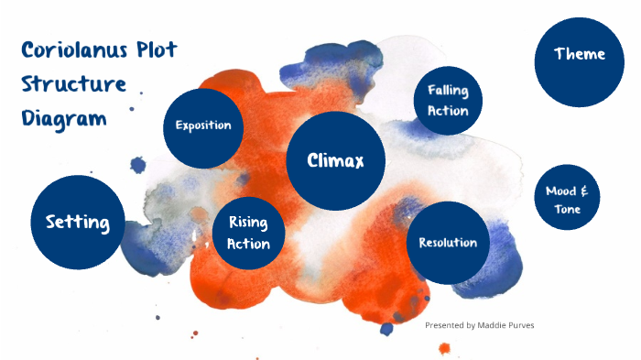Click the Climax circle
(x=335, y=161)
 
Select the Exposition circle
(x=203, y=126)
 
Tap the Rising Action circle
(x=248, y=233)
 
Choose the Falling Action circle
(x=448, y=101)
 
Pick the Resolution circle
(x=448, y=243)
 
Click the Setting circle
(x=78, y=223)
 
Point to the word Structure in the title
(x=73, y=84)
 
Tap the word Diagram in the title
(x=63, y=119)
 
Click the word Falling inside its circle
(x=448, y=91)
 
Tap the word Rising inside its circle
(x=248, y=223)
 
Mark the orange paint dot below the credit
(x=445, y=348)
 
